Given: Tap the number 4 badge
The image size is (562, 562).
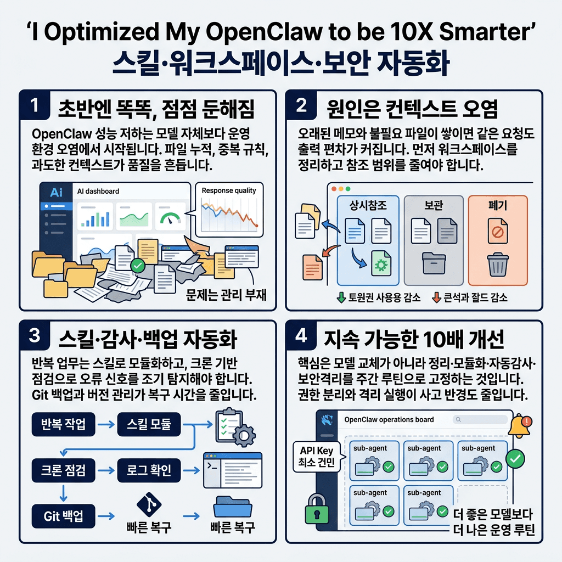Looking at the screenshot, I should (x=301, y=336).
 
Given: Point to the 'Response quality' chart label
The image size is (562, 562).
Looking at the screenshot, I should (x=229, y=190).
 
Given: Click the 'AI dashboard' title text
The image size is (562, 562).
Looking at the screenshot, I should (x=95, y=192).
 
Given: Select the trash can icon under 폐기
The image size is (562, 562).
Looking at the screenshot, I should (x=498, y=265).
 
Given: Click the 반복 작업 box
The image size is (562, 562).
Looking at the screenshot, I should (x=64, y=424).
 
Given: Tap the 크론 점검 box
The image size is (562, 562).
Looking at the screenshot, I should (x=64, y=470).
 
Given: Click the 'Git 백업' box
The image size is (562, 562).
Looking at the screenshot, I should (x=64, y=516).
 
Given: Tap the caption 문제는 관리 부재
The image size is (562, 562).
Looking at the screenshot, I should (x=227, y=295).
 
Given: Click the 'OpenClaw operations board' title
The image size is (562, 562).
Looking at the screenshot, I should (x=388, y=419).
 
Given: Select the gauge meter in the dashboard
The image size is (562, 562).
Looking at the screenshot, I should (x=170, y=218).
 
